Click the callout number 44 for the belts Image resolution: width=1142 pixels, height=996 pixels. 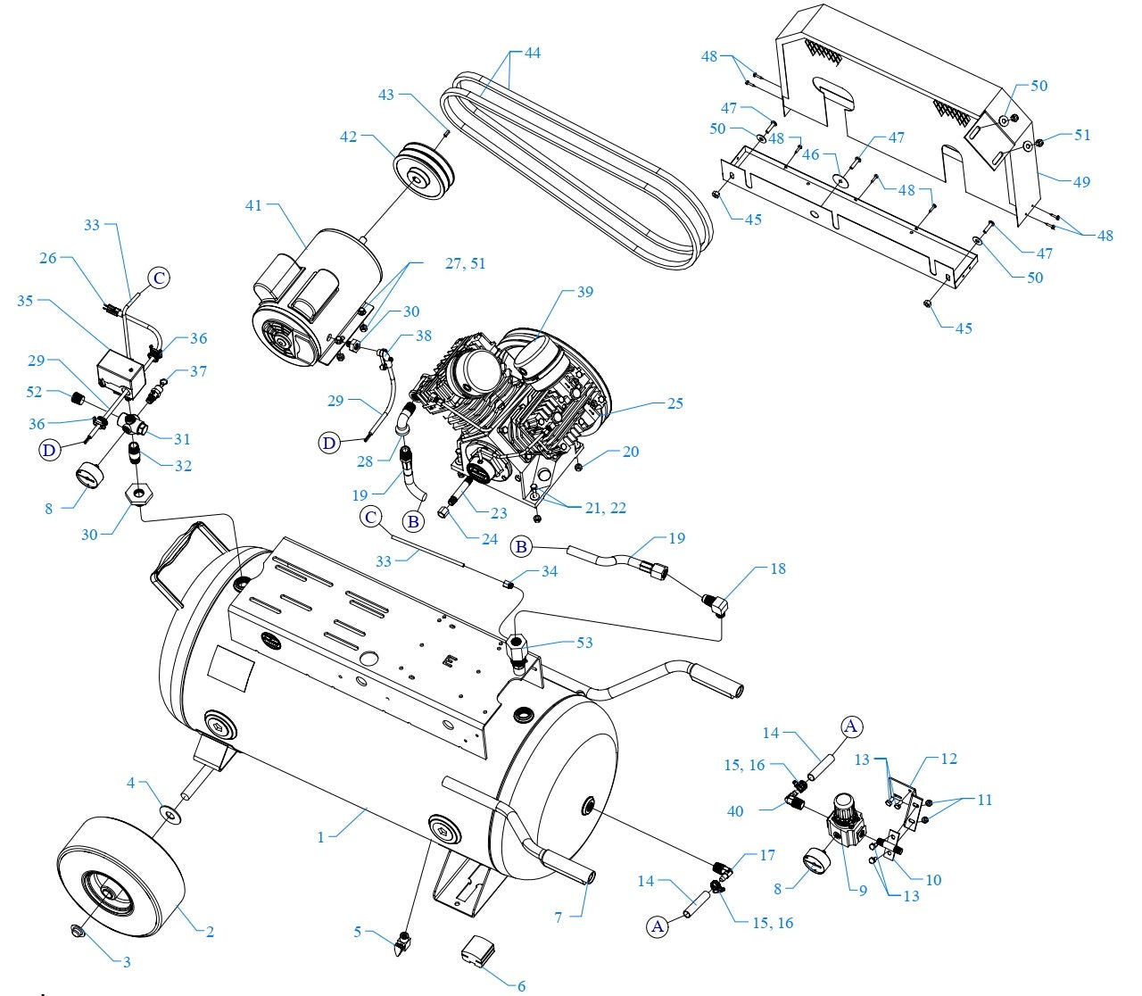point(532,54)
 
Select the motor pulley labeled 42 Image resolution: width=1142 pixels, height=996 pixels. point(423,167)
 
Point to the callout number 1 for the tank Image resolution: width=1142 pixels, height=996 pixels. point(321,837)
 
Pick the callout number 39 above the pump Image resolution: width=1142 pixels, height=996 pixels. point(584,292)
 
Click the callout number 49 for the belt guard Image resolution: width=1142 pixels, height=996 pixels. point(1081,182)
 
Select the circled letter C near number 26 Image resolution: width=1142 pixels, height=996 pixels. point(158,278)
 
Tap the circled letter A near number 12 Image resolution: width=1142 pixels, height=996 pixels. point(850,726)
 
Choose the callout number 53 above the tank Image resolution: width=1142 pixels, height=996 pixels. point(584,643)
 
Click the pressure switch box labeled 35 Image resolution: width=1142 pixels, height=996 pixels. point(118,373)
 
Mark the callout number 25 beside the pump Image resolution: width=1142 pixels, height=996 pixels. point(674,403)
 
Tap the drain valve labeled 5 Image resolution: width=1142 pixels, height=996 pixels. point(405,940)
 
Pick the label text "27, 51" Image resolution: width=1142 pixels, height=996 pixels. point(465,264)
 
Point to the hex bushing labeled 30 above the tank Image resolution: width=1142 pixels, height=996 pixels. point(140,494)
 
